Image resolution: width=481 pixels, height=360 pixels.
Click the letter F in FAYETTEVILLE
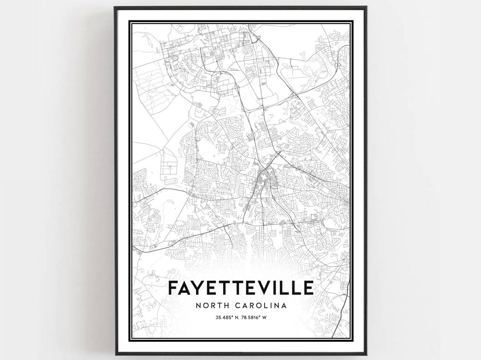(x=174, y=288)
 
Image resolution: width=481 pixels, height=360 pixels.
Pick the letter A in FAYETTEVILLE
(x=188, y=288)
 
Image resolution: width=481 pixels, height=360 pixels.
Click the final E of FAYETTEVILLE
(x=308, y=288)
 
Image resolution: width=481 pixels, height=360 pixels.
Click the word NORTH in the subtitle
(x=212, y=306)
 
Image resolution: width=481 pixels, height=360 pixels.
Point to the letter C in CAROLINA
(x=236, y=306)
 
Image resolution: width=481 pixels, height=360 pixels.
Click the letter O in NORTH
(x=205, y=306)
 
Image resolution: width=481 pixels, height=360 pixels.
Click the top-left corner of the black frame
(x=115, y=8)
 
